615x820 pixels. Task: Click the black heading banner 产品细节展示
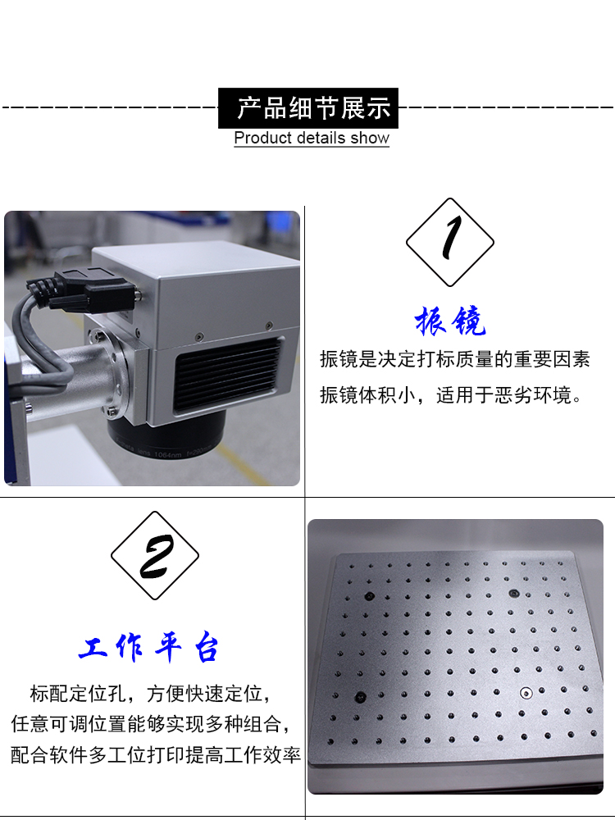[308, 108]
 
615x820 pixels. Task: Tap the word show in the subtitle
[370, 138]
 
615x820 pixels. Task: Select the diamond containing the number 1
[449, 242]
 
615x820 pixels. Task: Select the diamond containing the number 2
[155, 555]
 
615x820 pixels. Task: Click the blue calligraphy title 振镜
[450, 320]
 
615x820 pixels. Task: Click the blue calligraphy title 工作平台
[148, 648]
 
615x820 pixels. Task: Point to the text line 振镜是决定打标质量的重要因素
[455, 359]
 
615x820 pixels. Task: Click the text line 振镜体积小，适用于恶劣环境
[451, 395]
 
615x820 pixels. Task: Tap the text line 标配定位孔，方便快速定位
[151, 694]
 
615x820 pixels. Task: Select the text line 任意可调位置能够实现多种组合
[151, 724]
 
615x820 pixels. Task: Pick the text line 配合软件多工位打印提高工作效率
[155, 754]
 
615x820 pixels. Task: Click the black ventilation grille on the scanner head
[227, 372]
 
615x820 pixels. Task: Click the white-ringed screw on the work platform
[526, 693]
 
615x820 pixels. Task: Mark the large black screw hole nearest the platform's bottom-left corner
[360, 696]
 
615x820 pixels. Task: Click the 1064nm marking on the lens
[167, 454]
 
